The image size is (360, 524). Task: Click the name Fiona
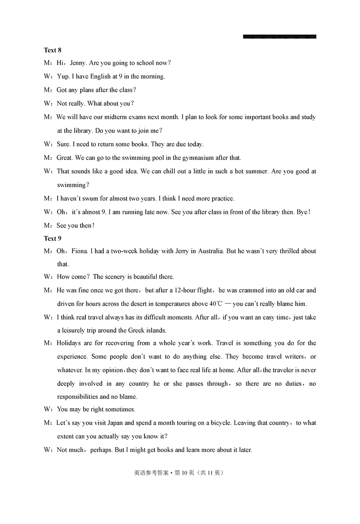click(x=79, y=251)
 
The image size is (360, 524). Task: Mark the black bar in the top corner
click(x=279, y=36)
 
